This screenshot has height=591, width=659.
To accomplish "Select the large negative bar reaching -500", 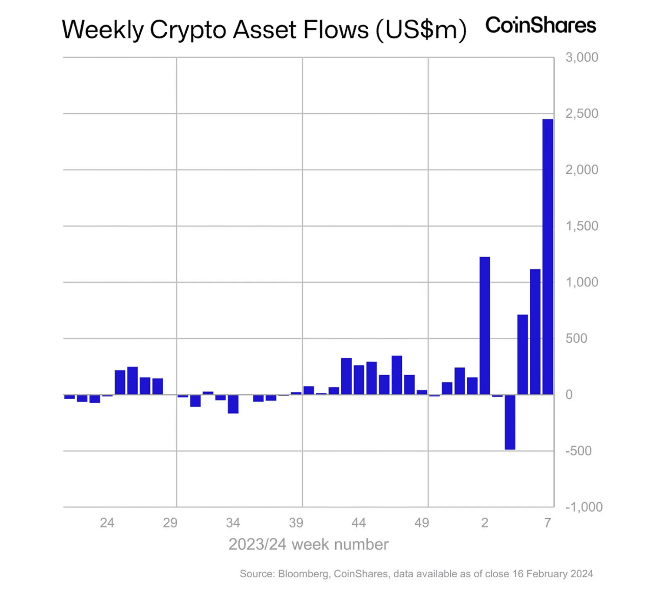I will tap(510, 422).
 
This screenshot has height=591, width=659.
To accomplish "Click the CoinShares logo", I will tap(540, 26).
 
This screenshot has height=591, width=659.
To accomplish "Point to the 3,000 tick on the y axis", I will tap(581, 57).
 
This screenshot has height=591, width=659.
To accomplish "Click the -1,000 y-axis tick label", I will tap(584, 507).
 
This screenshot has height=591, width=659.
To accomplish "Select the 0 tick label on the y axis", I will tap(569, 395).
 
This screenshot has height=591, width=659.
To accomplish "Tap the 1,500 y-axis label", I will tap(581, 226).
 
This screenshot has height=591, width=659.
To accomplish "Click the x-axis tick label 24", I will tap(107, 523).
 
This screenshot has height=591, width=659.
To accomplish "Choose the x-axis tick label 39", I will tap(296, 523).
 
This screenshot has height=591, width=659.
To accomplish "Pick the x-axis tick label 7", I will tap(547, 523).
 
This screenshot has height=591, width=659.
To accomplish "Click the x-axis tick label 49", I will tap(421, 523).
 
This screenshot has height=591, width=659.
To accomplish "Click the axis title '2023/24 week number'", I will tap(308, 545).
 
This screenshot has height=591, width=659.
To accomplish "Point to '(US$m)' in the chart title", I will tap(421, 30).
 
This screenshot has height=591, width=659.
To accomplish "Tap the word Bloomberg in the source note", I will tap(303, 574).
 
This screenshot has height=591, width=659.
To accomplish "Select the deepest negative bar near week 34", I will tap(233, 404).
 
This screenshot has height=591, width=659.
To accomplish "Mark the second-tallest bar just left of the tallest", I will tap(535, 332).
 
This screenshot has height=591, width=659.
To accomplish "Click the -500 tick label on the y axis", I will tap(578, 451).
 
